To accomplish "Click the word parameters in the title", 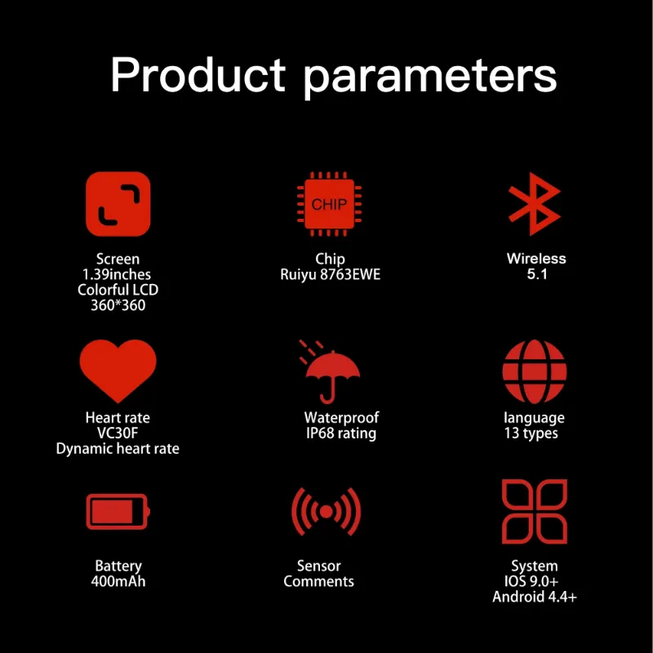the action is pyautogui.click(x=430, y=78).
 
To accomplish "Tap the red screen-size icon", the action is pyautogui.click(x=118, y=203).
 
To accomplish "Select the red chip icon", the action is pyautogui.click(x=330, y=203).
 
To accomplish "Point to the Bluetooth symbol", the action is pyautogui.click(x=535, y=203).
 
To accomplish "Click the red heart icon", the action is pyautogui.click(x=118, y=370).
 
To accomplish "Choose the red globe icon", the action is pyautogui.click(x=535, y=371).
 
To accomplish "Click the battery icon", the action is pyautogui.click(x=118, y=512).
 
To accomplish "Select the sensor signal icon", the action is pyautogui.click(x=326, y=512).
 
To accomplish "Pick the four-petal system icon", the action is pyautogui.click(x=535, y=512).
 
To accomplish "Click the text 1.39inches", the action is pyautogui.click(x=117, y=274).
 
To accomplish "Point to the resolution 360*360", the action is pyautogui.click(x=118, y=305).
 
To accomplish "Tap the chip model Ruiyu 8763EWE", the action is pyautogui.click(x=331, y=274).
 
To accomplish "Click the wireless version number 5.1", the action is pyautogui.click(x=537, y=274).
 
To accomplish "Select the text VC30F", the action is pyautogui.click(x=118, y=433).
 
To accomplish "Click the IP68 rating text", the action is pyautogui.click(x=341, y=433).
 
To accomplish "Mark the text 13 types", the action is pyautogui.click(x=531, y=433).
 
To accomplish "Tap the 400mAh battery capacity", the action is pyautogui.click(x=118, y=581).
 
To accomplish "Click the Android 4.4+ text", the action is pyautogui.click(x=535, y=597).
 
